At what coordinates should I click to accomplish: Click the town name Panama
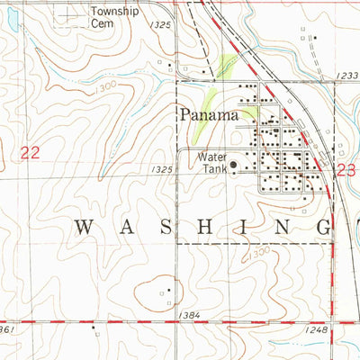tap(208, 115)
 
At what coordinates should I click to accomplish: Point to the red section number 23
tap(346, 168)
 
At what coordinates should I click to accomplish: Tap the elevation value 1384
tap(189, 315)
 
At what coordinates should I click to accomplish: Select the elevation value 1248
tap(315, 331)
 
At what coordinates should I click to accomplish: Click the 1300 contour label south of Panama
tap(259, 253)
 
